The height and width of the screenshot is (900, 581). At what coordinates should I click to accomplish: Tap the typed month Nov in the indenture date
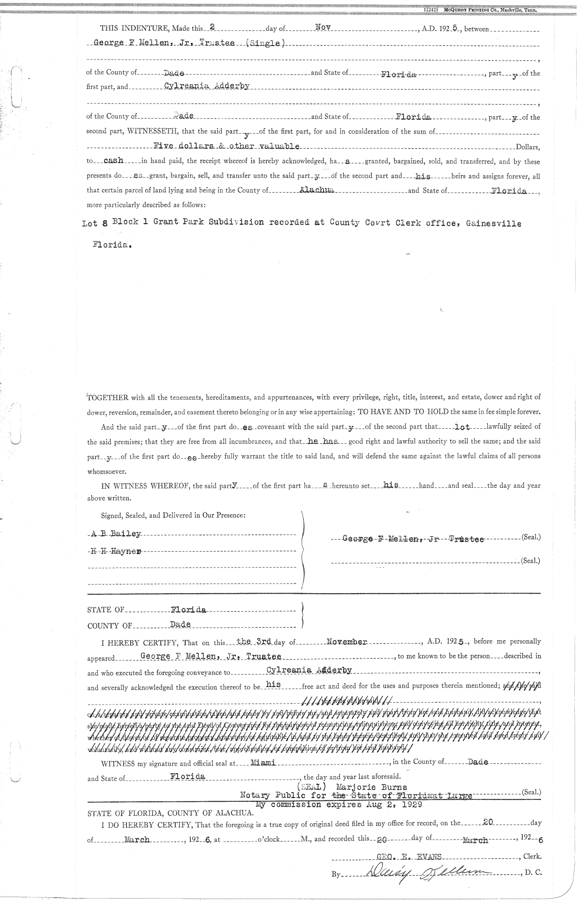(x=322, y=28)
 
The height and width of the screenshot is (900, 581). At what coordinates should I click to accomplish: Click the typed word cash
(x=114, y=161)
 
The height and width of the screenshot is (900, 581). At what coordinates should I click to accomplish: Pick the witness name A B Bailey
(x=116, y=534)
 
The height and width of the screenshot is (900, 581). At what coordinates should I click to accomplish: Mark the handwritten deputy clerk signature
(x=426, y=872)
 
